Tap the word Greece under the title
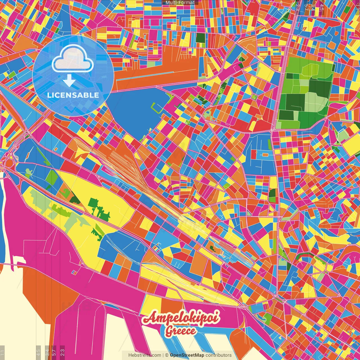pyautogui.click(x=180, y=331)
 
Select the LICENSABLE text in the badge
pyautogui.click(x=73, y=95)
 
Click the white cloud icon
pyautogui.click(x=73, y=59)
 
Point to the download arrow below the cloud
pyautogui.click(x=69, y=81)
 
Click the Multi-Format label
pyautogui.click(x=180, y=3)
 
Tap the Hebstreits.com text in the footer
pyautogui.click(x=145, y=355)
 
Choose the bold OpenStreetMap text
pyautogui.click(x=187, y=355)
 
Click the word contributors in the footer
pyautogui.click(x=219, y=355)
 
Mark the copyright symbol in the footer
pyautogui.click(x=167, y=355)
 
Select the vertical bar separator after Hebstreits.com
pyautogui.click(x=163, y=355)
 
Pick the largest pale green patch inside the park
pyautogui.click(x=316, y=102)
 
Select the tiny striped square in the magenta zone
pyautogui.click(x=75, y=272)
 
